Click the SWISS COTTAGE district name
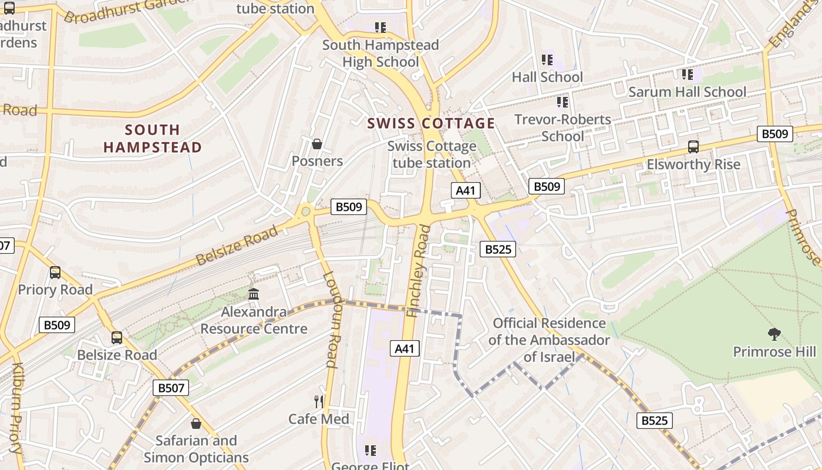pyautogui.click(x=431, y=123)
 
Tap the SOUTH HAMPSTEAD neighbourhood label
pyautogui.click(x=153, y=139)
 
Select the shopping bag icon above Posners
pyautogui.click(x=317, y=144)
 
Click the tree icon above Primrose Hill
pyautogui.click(x=774, y=334)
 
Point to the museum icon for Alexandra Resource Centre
pyautogui.click(x=254, y=294)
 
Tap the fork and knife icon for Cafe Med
pyautogui.click(x=319, y=402)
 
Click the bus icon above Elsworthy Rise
pyautogui.click(x=693, y=147)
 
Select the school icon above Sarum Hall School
pyautogui.click(x=687, y=75)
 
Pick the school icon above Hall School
pyautogui.click(x=547, y=60)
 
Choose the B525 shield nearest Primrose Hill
pyautogui.click(x=655, y=421)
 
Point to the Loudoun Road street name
pyautogui.click(x=331, y=320)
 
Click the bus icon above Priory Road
pyautogui.click(x=55, y=273)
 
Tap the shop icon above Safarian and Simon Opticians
pyautogui.click(x=196, y=424)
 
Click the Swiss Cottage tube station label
pyautogui.click(x=432, y=155)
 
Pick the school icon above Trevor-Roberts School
pyautogui.click(x=562, y=102)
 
